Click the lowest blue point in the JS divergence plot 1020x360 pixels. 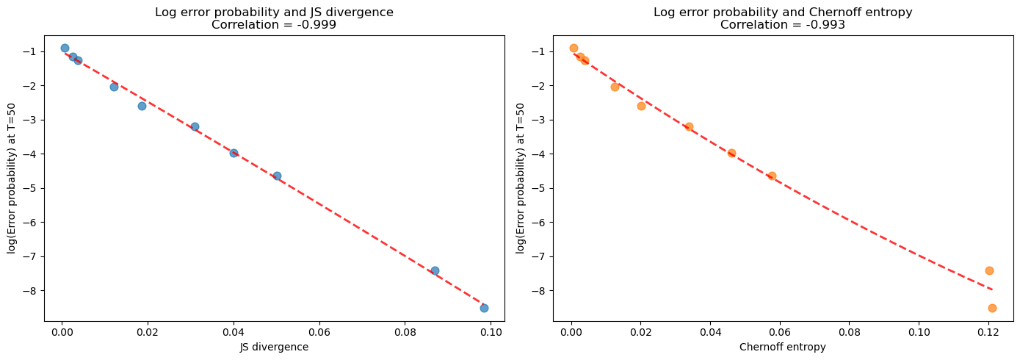[x=484, y=308]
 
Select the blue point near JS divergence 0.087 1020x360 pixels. [x=435, y=270]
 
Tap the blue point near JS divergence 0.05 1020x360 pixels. [x=277, y=176]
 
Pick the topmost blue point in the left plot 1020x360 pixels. [x=65, y=48]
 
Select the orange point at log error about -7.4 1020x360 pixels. [x=989, y=270]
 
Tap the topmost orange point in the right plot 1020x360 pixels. [x=574, y=48]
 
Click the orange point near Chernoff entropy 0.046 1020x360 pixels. [x=731, y=153]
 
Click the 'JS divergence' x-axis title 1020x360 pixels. [x=275, y=348]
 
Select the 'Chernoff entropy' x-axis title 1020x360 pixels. [x=783, y=348]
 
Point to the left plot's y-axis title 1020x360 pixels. [x=12, y=179]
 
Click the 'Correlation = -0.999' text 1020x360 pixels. [x=274, y=24]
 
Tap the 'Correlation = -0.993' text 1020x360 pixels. [x=783, y=24]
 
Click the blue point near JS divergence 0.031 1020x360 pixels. [x=195, y=126]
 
